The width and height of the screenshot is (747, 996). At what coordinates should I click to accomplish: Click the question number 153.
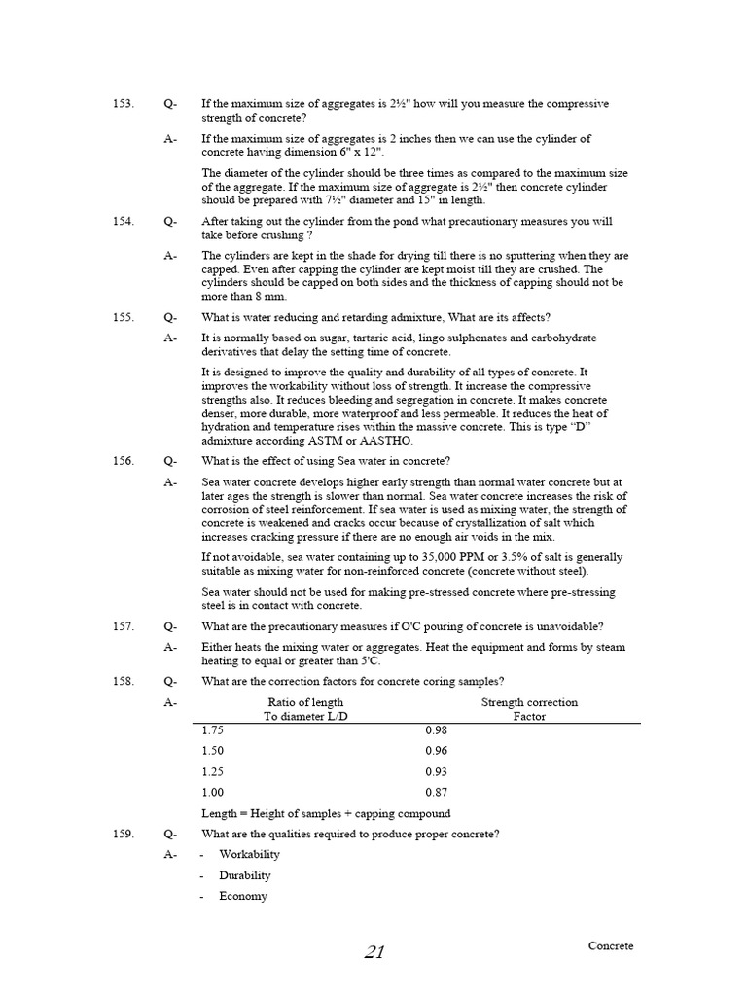(x=123, y=104)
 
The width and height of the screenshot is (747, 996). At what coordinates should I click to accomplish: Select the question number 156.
(x=123, y=461)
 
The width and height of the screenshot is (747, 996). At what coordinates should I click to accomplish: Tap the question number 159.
(x=123, y=834)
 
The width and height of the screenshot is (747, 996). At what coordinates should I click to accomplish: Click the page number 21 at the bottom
(x=374, y=952)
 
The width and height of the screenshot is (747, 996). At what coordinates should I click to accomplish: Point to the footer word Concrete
(x=611, y=945)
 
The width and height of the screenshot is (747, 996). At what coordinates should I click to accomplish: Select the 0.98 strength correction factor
(x=437, y=729)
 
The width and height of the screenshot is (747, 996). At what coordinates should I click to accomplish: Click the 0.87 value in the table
(x=437, y=792)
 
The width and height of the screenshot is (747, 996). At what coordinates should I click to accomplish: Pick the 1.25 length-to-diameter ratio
(x=213, y=771)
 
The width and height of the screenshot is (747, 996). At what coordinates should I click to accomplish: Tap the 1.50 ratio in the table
(x=213, y=751)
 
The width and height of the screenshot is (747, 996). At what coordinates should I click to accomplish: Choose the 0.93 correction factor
(x=437, y=771)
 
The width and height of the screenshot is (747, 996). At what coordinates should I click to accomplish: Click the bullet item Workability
(x=249, y=854)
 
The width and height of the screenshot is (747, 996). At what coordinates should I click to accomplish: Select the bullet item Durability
(x=245, y=875)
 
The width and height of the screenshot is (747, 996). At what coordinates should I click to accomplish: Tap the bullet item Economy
(x=243, y=896)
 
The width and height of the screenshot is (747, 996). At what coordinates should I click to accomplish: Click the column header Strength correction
(x=529, y=702)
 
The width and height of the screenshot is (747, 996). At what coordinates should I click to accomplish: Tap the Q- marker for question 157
(x=170, y=626)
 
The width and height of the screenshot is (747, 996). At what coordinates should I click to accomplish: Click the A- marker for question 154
(x=170, y=256)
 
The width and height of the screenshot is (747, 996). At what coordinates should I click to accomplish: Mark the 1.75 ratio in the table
(x=213, y=729)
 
